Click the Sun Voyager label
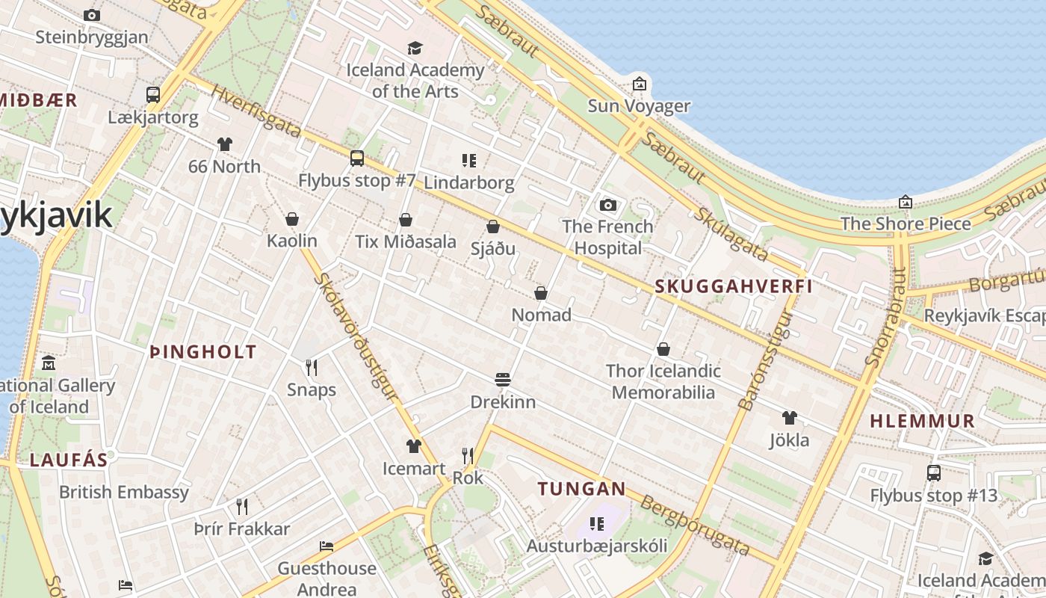[x=638, y=105]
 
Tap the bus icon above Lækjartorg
[x=153, y=94]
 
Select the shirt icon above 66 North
[x=225, y=144]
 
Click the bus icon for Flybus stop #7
[x=357, y=158]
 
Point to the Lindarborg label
[x=468, y=182]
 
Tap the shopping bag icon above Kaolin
[x=292, y=219]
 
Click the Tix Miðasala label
[x=405, y=241]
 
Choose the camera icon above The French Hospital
[x=608, y=205]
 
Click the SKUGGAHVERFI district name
[x=733, y=286]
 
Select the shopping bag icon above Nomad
[x=541, y=293]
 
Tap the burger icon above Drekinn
[x=503, y=380]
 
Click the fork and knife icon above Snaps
[x=312, y=367]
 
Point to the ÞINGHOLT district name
[x=202, y=352]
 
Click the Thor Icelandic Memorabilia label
[x=663, y=381]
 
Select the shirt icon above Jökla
[x=790, y=417]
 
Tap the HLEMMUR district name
[x=922, y=421]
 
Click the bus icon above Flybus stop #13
[x=933, y=472]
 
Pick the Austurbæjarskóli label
[x=596, y=546]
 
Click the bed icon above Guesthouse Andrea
[x=327, y=546]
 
